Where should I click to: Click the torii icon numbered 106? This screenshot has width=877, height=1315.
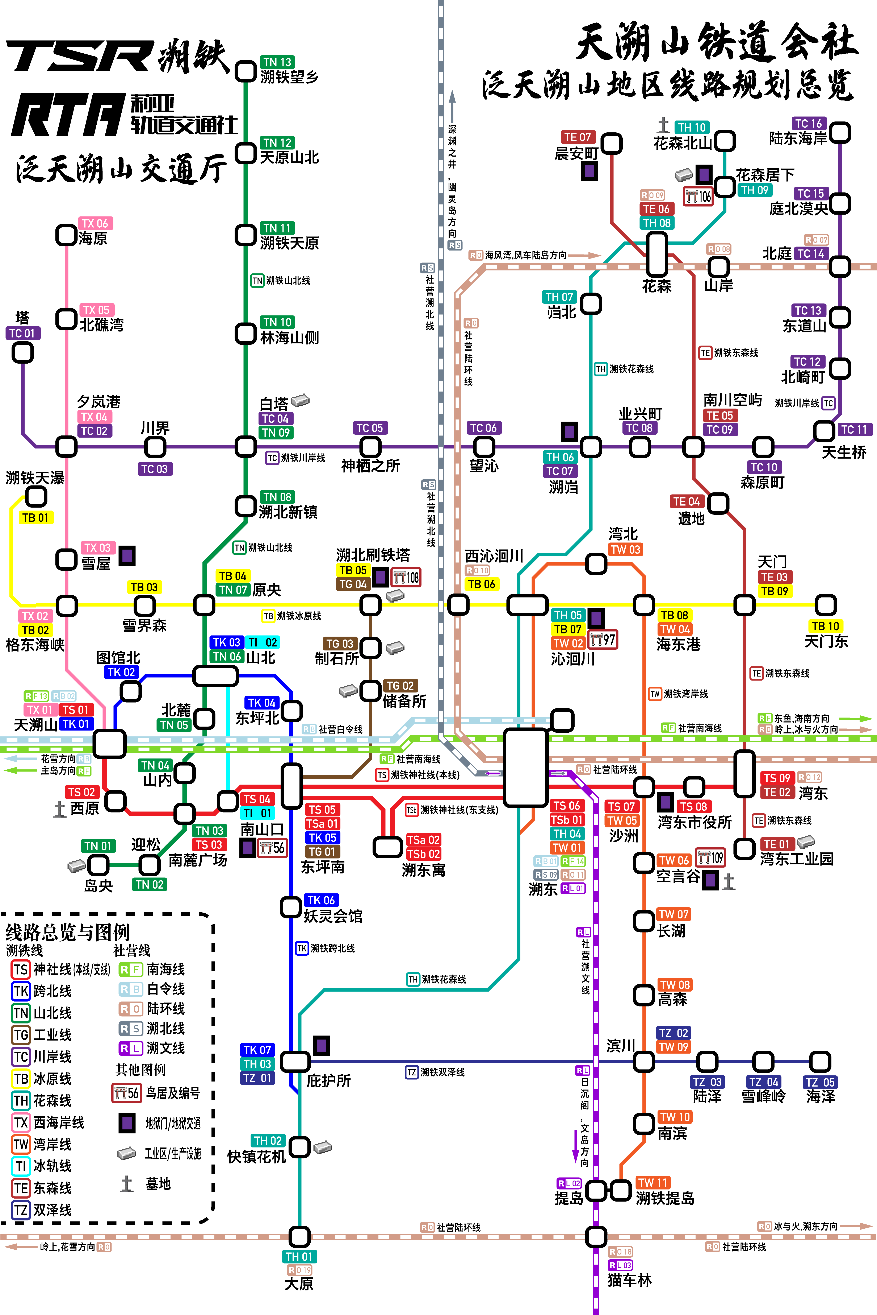click(x=698, y=196)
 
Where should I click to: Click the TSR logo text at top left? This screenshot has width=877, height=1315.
click(x=78, y=56)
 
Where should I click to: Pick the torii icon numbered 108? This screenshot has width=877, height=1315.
click(x=406, y=578)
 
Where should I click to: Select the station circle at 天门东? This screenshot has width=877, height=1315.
click(x=826, y=605)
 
